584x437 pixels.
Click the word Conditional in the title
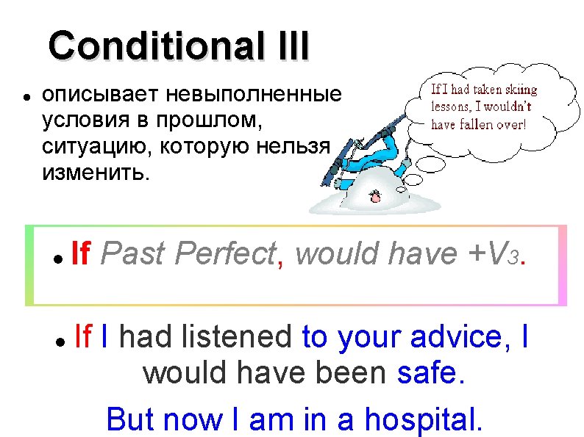coord(149,46)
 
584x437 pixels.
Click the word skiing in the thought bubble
coord(519,90)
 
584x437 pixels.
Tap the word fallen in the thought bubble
coord(480,125)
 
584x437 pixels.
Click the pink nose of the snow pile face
coord(375,196)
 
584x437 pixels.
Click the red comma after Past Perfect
coord(282,262)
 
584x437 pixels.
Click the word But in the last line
coord(130,419)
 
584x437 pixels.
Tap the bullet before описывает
coord(26,96)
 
